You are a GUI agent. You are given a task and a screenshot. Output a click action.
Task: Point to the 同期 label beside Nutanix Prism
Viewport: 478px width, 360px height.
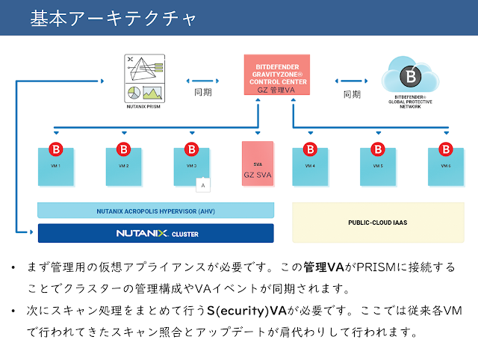pyautogui.click(x=202, y=94)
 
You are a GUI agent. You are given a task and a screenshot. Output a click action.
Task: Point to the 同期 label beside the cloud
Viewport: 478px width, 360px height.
pyautogui.click(x=352, y=94)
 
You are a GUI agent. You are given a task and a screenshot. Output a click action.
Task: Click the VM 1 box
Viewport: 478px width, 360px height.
pyautogui.click(x=56, y=166)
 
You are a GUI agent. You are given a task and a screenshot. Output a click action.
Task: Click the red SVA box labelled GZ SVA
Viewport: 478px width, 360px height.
pyautogui.click(x=258, y=167)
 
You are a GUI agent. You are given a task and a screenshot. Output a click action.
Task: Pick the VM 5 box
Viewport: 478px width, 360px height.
pyautogui.click(x=377, y=166)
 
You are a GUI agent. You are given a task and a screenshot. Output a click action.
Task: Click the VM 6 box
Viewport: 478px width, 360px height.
pyautogui.click(x=444, y=166)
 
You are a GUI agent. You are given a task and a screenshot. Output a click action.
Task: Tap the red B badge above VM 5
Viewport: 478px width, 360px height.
pyautogui.click(x=378, y=148)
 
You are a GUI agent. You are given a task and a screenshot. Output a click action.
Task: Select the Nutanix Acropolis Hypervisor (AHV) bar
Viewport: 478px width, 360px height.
pyautogui.click(x=155, y=211)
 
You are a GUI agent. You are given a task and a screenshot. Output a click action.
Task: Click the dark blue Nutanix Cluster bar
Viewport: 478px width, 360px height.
pyautogui.click(x=155, y=234)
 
